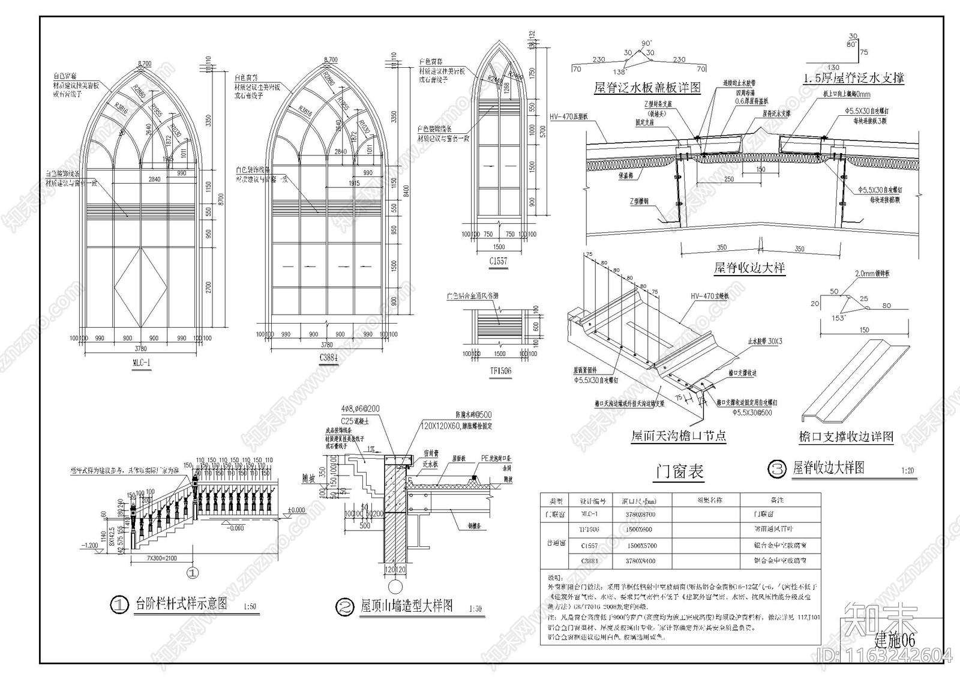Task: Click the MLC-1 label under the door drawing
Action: (141, 362)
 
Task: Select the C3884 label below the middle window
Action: (329, 357)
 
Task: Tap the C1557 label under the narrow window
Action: (498, 261)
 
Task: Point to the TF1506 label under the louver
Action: (500, 371)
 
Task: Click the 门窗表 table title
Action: (679, 472)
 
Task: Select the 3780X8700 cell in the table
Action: (640, 515)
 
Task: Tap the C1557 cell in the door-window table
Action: (589, 546)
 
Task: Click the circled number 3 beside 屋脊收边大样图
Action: (777, 469)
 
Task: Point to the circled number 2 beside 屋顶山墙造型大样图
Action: (344, 608)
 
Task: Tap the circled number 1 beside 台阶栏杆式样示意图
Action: (120, 605)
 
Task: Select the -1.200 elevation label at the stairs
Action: (89, 545)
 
